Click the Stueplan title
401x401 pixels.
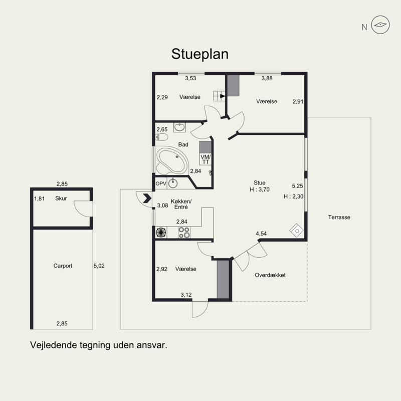tap(199, 54)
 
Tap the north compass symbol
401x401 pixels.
tap(380, 25)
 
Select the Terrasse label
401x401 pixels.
tap(339, 217)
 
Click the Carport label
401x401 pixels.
tap(63, 266)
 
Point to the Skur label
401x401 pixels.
tap(61, 198)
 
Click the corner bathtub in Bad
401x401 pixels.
tap(172, 161)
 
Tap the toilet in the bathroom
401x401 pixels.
tap(161, 137)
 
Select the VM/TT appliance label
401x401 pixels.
tap(206, 159)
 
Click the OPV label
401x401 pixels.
tap(161, 183)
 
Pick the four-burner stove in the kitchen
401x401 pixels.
tap(184, 233)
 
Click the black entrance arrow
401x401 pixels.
tap(147, 198)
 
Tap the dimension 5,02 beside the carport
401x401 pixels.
tap(99, 266)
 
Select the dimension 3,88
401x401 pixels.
tap(267, 78)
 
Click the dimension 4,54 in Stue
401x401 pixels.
tap(261, 234)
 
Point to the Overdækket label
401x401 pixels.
tap(270, 275)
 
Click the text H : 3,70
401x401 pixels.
tap(260, 189)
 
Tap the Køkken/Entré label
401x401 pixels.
tap(181, 204)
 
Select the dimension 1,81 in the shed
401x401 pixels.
tap(40, 198)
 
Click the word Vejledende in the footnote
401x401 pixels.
tap(53, 345)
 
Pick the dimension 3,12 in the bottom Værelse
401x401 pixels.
tap(186, 295)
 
